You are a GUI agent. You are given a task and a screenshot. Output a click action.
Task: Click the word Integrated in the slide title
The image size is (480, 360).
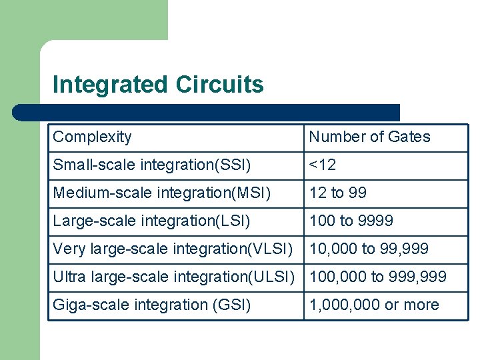click(110, 85)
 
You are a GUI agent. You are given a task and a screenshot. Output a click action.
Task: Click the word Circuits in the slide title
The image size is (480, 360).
click(219, 85)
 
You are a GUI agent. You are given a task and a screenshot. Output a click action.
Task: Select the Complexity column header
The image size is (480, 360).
click(92, 137)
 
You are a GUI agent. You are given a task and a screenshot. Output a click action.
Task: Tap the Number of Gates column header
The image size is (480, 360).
click(369, 137)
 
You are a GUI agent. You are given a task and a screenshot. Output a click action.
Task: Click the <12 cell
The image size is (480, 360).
click(323, 165)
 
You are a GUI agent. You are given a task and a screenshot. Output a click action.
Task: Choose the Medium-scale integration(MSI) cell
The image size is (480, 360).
click(162, 193)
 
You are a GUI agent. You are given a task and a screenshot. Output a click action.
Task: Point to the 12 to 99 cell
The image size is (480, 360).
click(337, 193)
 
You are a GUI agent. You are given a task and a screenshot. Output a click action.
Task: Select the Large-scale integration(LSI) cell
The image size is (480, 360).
click(151, 221)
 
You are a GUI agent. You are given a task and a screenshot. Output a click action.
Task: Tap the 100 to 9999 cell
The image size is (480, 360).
click(351, 221)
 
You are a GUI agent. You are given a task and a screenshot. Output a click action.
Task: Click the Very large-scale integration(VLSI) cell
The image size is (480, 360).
click(173, 249)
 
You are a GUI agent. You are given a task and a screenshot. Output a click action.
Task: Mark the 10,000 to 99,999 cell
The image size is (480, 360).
click(369, 249)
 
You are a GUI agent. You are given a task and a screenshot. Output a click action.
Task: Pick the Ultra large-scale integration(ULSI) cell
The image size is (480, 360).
click(173, 277)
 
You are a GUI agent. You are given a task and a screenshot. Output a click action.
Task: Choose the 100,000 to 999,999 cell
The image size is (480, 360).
click(377, 277)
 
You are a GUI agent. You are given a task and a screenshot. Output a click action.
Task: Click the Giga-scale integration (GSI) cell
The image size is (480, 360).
click(152, 305)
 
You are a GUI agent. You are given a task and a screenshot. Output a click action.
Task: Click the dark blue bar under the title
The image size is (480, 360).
click(207, 112)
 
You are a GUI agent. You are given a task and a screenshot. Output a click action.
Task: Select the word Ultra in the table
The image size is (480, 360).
click(68, 277)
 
